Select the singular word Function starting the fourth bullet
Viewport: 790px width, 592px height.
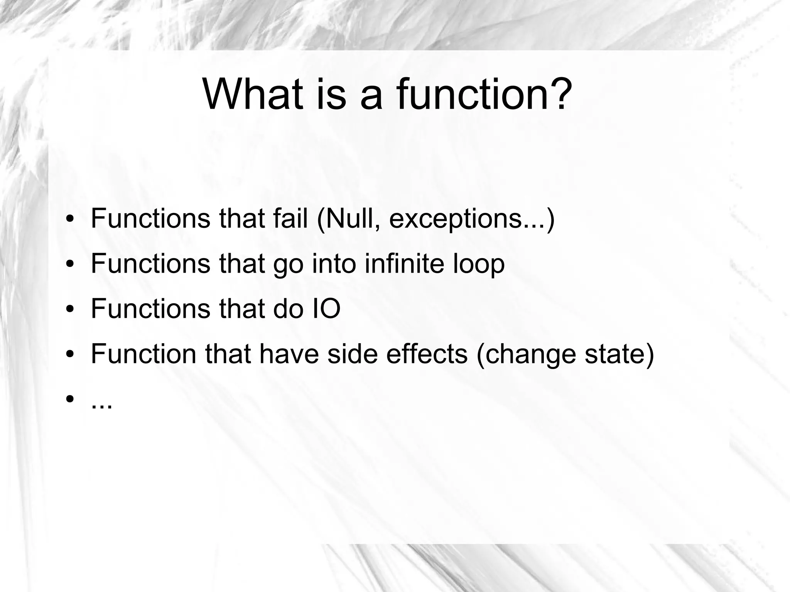tap(143, 354)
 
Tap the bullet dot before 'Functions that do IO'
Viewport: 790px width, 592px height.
tap(69, 310)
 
